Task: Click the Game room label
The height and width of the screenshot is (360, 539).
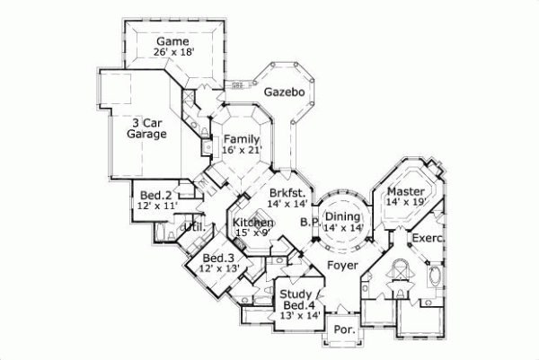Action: (172, 41)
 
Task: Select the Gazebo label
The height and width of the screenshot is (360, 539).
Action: (285, 92)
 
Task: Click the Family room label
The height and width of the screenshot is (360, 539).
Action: (243, 139)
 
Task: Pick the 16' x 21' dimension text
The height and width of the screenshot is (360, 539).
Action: (243, 151)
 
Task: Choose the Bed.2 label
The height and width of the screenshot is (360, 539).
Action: (152, 195)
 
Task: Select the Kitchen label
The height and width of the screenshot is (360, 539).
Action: (252, 222)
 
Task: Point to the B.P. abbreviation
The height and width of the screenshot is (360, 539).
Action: (310, 223)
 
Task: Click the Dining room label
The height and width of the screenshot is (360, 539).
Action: (342, 216)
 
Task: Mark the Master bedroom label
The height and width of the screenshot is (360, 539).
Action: (406, 191)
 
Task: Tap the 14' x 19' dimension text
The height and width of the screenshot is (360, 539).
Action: (406, 203)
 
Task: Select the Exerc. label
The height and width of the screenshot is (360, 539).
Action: (427, 238)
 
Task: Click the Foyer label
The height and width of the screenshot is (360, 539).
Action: (342, 266)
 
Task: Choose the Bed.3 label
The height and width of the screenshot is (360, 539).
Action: (217, 259)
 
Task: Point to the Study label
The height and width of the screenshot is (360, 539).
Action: (295, 294)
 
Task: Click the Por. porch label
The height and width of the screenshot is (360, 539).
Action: (345, 330)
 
